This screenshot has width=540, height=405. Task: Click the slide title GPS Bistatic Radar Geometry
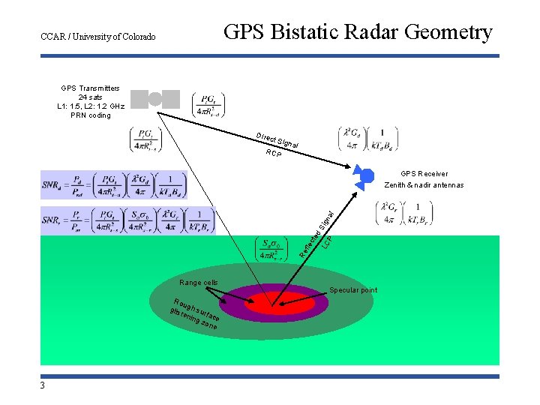click(x=358, y=32)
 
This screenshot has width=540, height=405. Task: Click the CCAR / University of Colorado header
click(x=98, y=36)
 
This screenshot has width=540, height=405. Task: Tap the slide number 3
click(x=43, y=385)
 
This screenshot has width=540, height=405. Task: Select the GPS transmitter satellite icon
click(x=155, y=99)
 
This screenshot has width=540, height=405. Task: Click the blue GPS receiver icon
click(x=365, y=176)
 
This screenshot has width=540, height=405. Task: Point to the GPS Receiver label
click(x=424, y=173)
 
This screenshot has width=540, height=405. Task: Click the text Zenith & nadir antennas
click(x=423, y=185)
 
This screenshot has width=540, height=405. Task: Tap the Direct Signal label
click(x=277, y=140)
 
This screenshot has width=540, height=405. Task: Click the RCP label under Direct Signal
click(x=274, y=154)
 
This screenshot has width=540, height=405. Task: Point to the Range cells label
click(x=199, y=283)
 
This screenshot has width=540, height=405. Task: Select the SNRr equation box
click(x=127, y=220)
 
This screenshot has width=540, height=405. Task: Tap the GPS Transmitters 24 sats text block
click(x=90, y=101)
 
